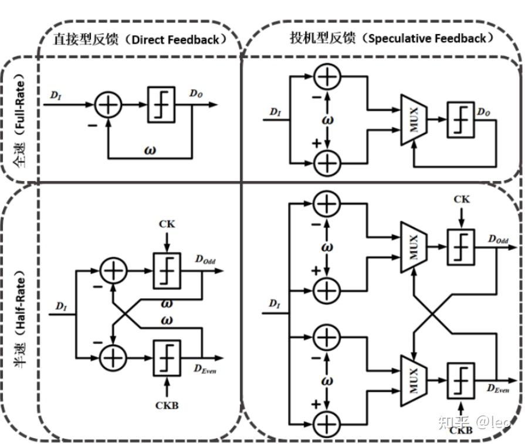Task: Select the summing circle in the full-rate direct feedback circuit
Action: (x=109, y=105)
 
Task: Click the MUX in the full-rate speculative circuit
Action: (x=414, y=118)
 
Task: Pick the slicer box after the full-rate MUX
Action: (x=461, y=118)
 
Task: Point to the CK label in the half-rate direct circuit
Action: (x=167, y=224)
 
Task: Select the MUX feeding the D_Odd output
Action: (x=414, y=247)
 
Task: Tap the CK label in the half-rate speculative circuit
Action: (x=461, y=200)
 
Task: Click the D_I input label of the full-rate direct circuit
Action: (x=55, y=94)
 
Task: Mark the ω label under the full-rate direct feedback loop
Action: (x=150, y=149)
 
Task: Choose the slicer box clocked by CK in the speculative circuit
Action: (x=461, y=247)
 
